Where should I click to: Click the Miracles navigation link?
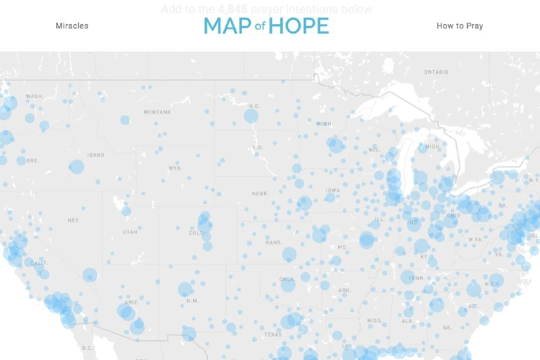click(72, 26)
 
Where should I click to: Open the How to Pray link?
click(460, 26)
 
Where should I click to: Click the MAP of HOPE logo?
click(266, 26)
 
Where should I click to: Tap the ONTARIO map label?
click(436, 72)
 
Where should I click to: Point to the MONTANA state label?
click(157, 112)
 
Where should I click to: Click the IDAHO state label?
click(95, 155)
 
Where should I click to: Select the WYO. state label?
click(175, 169)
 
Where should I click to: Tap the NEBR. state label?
click(259, 194)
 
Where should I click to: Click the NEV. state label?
click(74, 220)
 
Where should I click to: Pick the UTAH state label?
click(130, 232)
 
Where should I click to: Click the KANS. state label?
click(274, 242)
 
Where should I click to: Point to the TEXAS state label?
click(272, 335)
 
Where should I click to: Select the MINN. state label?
click(324, 124)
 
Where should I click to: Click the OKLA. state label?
click(287, 279)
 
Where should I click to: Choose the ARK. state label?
click(344, 290)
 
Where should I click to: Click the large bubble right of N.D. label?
click(251, 116)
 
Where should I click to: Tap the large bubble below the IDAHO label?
click(76, 167)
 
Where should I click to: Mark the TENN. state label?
click(416, 278)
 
